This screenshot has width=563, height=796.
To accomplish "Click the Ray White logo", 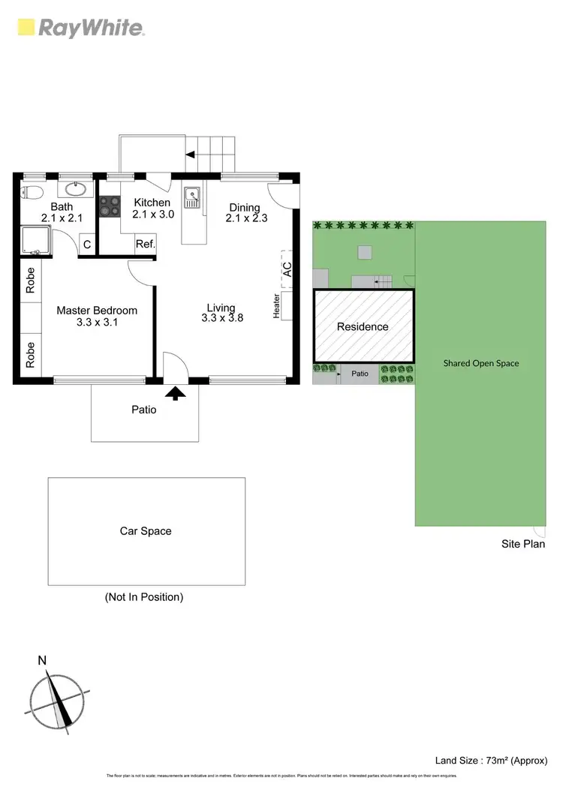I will [81, 29].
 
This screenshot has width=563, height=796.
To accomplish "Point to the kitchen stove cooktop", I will [110, 206].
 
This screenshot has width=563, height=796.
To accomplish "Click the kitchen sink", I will [192, 197].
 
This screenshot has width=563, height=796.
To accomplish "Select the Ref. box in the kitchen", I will [145, 244].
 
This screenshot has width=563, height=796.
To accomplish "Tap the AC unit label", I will [287, 269].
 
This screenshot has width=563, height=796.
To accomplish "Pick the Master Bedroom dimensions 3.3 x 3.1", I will [98, 323].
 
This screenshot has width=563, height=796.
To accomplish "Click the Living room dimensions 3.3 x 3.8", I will [222, 318].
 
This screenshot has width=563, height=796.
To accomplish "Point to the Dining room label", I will [245, 208].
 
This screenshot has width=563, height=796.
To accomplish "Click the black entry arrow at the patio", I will [176, 392].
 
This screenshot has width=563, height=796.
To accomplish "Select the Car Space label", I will [146, 531].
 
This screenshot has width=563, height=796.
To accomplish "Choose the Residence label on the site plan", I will [363, 327].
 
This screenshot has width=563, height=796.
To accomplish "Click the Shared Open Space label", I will [480, 363].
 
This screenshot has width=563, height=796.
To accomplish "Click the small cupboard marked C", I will [87, 245].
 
